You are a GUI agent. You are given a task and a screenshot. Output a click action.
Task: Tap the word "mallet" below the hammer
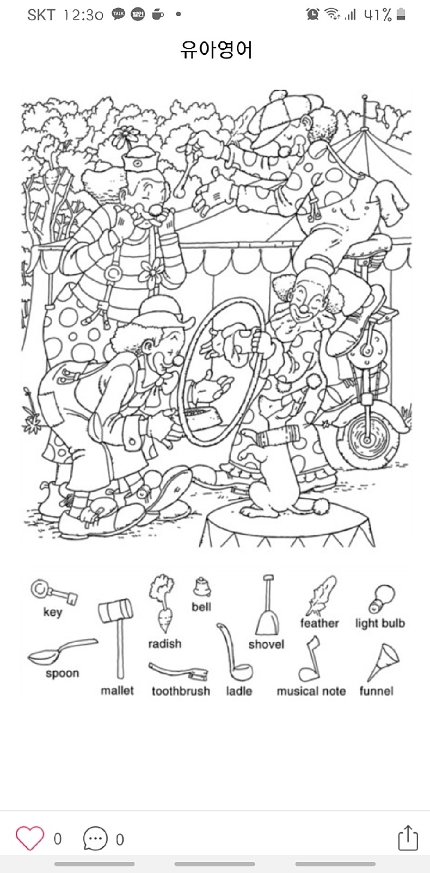click(x=117, y=690)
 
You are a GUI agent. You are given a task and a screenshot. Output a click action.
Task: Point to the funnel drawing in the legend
click(x=384, y=662)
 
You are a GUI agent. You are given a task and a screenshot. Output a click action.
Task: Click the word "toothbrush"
click(x=181, y=691)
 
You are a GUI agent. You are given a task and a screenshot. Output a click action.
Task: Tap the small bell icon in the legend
click(x=202, y=587)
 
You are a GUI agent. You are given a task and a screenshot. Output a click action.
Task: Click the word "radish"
click(x=164, y=644)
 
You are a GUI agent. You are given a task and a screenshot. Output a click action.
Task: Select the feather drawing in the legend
click(x=321, y=595)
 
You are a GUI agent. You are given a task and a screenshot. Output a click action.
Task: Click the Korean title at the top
click(x=216, y=50)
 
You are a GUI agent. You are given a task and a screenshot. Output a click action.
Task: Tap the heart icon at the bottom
click(x=30, y=838)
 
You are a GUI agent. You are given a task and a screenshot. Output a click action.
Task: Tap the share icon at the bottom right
click(x=407, y=838)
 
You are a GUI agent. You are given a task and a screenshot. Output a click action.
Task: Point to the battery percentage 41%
click(x=378, y=14)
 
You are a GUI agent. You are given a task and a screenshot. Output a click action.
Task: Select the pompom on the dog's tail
click(x=321, y=505)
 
